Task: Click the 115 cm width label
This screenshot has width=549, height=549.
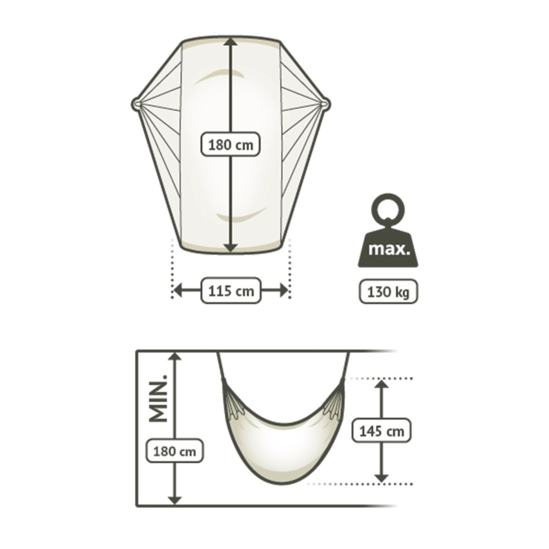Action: pyautogui.click(x=231, y=291)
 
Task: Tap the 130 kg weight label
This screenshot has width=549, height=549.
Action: pyautogui.click(x=388, y=291)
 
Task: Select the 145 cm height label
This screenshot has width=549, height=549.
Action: pyautogui.click(x=381, y=431)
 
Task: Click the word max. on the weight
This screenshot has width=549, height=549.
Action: pyautogui.click(x=389, y=249)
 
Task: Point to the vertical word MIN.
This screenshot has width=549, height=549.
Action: pyautogui.click(x=158, y=398)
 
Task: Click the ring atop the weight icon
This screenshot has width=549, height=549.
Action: pyautogui.click(x=388, y=209)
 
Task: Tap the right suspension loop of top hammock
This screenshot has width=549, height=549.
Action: pyautogui.click(x=326, y=103)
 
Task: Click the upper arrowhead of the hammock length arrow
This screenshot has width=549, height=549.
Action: pyautogui.click(x=230, y=42)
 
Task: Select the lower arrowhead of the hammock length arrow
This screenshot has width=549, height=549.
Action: pyautogui.click(x=230, y=247)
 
